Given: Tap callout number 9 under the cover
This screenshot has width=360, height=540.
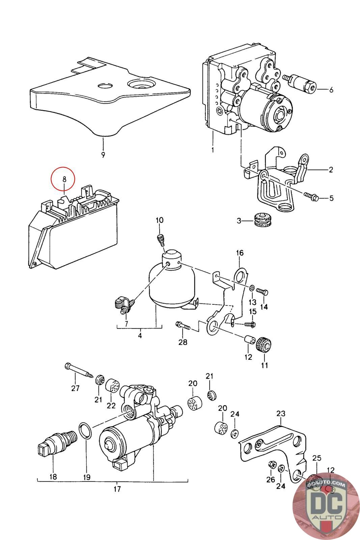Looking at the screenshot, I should [x=103, y=155].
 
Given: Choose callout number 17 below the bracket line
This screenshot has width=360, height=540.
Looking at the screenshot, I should [x=117, y=488].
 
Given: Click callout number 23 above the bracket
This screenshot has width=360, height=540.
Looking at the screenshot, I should [x=281, y=413].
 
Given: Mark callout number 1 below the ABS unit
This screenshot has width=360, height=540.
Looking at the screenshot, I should [x=213, y=150].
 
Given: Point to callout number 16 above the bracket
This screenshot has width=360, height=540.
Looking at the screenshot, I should [x=239, y=253].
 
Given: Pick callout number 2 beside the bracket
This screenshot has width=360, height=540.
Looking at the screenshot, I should [x=331, y=170].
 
